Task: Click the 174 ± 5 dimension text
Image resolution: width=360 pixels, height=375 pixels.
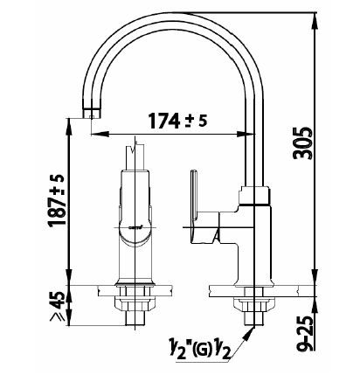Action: [x=178, y=121]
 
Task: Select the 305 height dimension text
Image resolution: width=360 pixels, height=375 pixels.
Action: [x=302, y=142]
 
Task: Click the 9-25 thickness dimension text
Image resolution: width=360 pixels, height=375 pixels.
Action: [x=305, y=333]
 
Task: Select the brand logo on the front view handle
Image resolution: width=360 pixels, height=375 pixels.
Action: [x=135, y=227]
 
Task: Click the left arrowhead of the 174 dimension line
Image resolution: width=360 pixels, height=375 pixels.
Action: [x=100, y=134]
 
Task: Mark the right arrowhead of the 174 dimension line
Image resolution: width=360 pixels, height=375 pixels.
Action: [x=246, y=134]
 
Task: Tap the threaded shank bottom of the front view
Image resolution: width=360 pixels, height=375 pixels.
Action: [x=135, y=318]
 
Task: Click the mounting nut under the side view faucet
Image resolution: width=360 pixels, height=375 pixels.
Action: [x=254, y=304]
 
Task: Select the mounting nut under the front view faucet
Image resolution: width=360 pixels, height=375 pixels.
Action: [x=135, y=304]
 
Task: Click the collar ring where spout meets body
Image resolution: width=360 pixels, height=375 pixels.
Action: [x=254, y=195]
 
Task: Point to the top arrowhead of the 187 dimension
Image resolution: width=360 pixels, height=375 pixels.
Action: [x=68, y=127]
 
